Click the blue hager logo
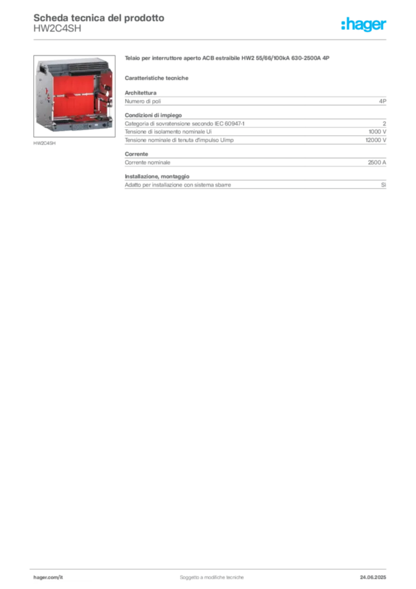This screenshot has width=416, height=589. coord(365,25)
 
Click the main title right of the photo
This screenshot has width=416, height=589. coord(227,59)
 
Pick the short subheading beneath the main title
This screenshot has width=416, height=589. coord(158,77)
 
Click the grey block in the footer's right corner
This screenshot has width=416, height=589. coord(376,573)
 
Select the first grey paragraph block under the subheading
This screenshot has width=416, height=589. coord(255,101)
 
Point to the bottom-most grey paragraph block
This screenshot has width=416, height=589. coord(255,184)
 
